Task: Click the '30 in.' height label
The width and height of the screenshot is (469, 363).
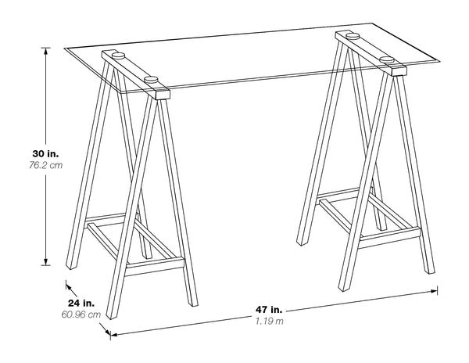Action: pyautogui.click(x=26, y=155)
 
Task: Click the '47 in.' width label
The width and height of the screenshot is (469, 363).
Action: pyautogui.click(x=270, y=309)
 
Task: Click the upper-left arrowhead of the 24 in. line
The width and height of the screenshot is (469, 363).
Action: pyautogui.click(x=69, y=285)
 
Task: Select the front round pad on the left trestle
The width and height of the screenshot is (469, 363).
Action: pyautogui.click(x=151, y=79)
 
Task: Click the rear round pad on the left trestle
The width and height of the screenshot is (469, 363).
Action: pyautogui.click(x=118, y=55)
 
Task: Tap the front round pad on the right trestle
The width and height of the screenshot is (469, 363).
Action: pyautogui.click(x=387, y=59)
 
